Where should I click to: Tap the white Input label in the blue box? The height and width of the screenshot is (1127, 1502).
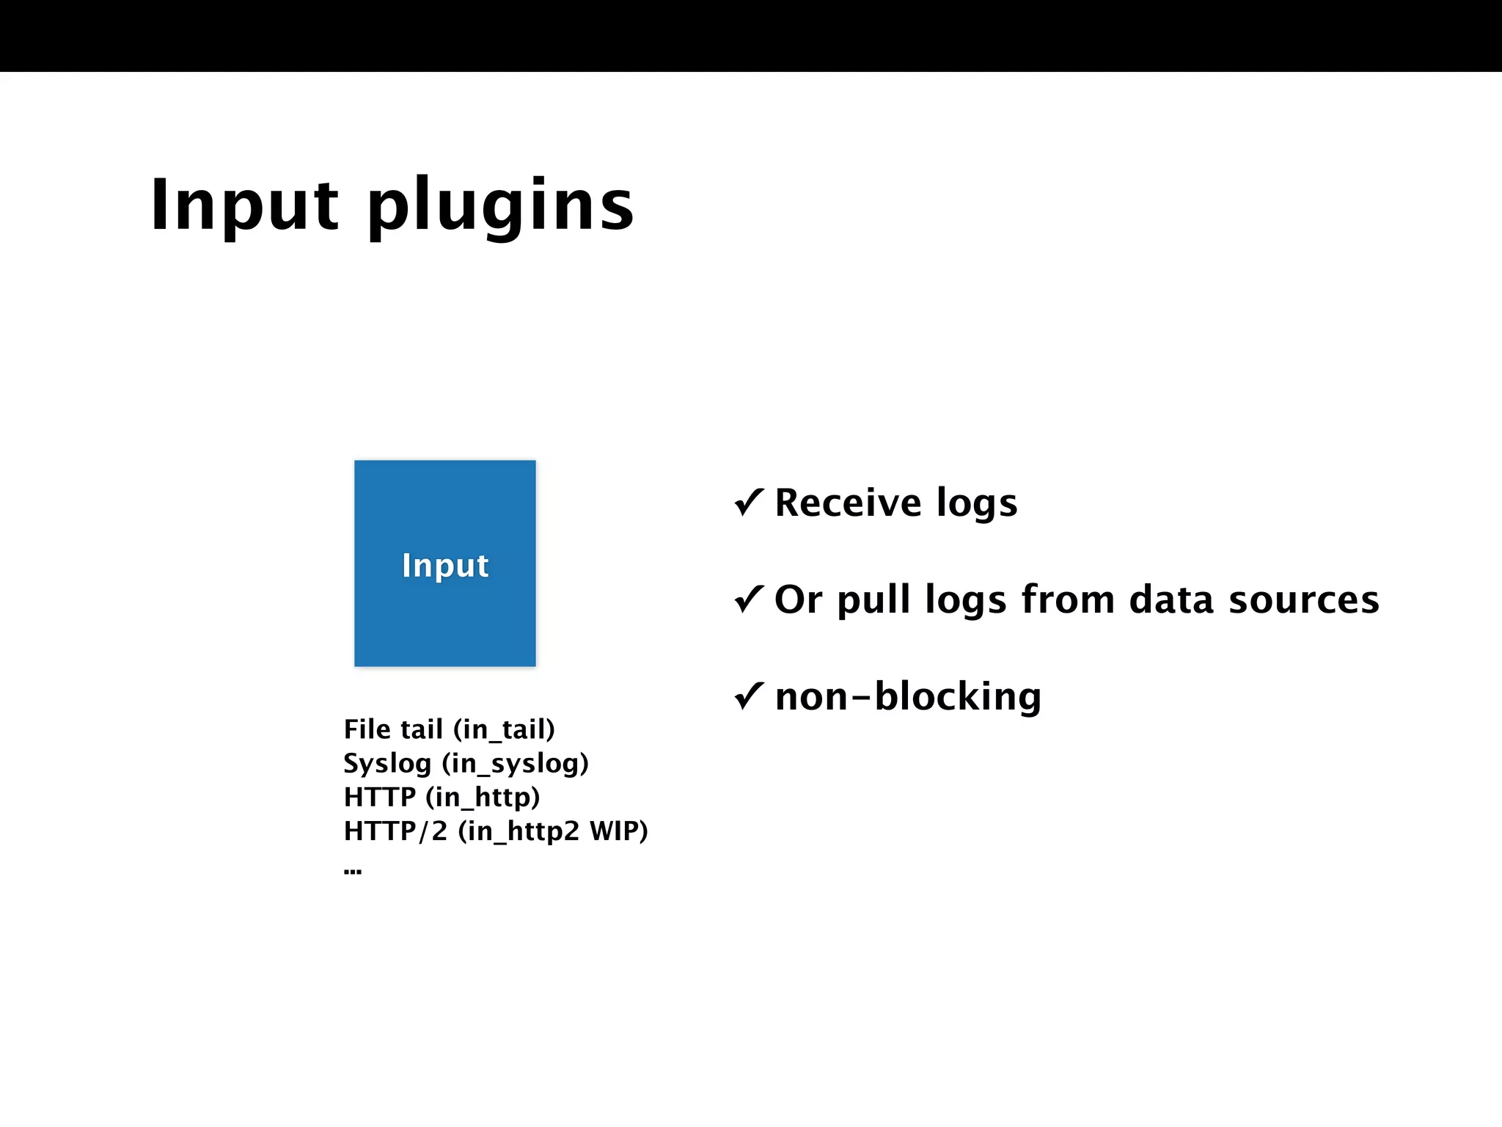(x=445, y=566)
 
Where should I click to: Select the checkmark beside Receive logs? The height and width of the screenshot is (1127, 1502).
(x=749, y=503)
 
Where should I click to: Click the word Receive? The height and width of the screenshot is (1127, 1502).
(x=848, y=503)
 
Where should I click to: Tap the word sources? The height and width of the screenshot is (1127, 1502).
(x=1304, y=600)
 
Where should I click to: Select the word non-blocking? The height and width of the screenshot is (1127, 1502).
(x=908, y=697)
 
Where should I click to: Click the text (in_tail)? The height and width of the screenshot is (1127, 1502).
(x=504, y=730)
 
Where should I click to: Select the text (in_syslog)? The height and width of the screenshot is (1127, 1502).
(x=515, y=765)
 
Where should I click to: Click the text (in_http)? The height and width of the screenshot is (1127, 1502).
(x=483, y=798)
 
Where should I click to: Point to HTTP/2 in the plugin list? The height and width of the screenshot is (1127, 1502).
(x=395, y=831)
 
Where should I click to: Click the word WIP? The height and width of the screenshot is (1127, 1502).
(x=614, y=831)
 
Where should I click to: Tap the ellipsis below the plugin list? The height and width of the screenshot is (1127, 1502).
(x=353, y=872)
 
